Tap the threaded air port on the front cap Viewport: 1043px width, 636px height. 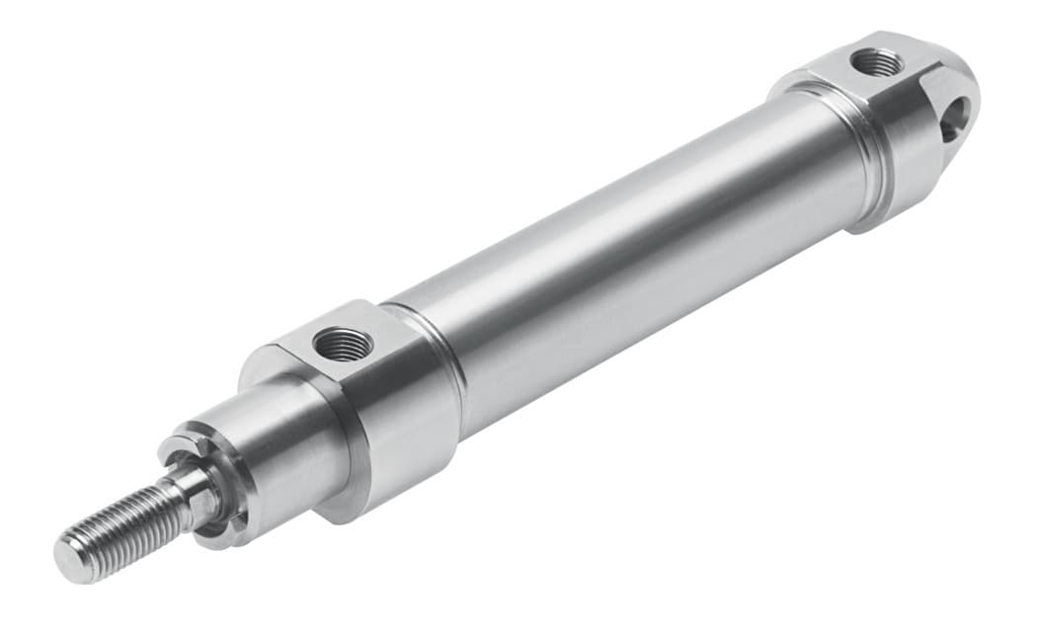342,344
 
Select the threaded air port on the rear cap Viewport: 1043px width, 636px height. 876,63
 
